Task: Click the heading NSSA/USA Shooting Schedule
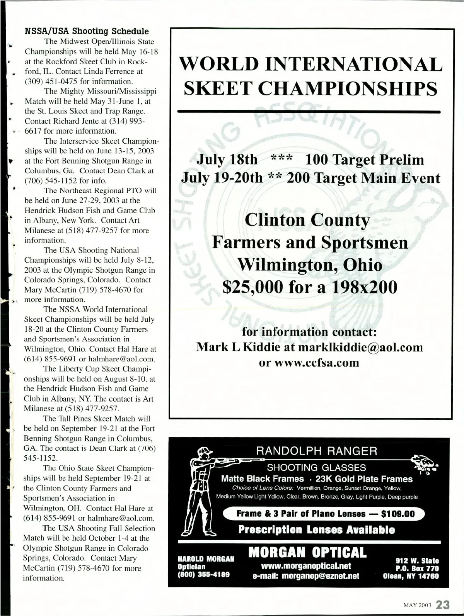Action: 87,31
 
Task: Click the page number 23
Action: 442,604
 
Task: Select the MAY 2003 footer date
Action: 418,605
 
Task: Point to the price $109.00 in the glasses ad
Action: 397,514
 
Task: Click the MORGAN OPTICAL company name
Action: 307,553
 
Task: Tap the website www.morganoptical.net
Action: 306,566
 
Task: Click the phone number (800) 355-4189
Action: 203,574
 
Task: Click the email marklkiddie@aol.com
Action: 360,347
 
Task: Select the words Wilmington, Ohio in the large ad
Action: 309,265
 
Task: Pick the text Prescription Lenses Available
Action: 316,530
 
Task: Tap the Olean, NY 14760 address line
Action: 411,576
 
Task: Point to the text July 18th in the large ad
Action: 227,160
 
